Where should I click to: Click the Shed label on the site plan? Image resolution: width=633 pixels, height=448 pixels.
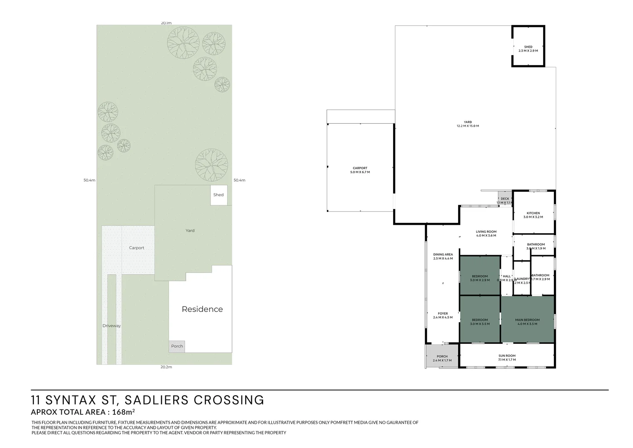click(218, 195)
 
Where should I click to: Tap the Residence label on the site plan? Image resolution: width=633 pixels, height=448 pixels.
click(202, 309)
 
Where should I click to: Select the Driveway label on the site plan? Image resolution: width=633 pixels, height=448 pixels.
click(111, 326)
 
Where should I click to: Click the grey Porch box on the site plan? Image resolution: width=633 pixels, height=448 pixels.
click(177, 346)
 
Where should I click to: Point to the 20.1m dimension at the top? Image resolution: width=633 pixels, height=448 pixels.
click(166, 23)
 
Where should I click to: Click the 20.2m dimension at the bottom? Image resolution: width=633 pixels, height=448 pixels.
click(166, 367)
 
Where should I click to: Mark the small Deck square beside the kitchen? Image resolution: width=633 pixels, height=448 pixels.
click(505, 199)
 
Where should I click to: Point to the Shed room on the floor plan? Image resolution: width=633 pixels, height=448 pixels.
click(528, 47)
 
